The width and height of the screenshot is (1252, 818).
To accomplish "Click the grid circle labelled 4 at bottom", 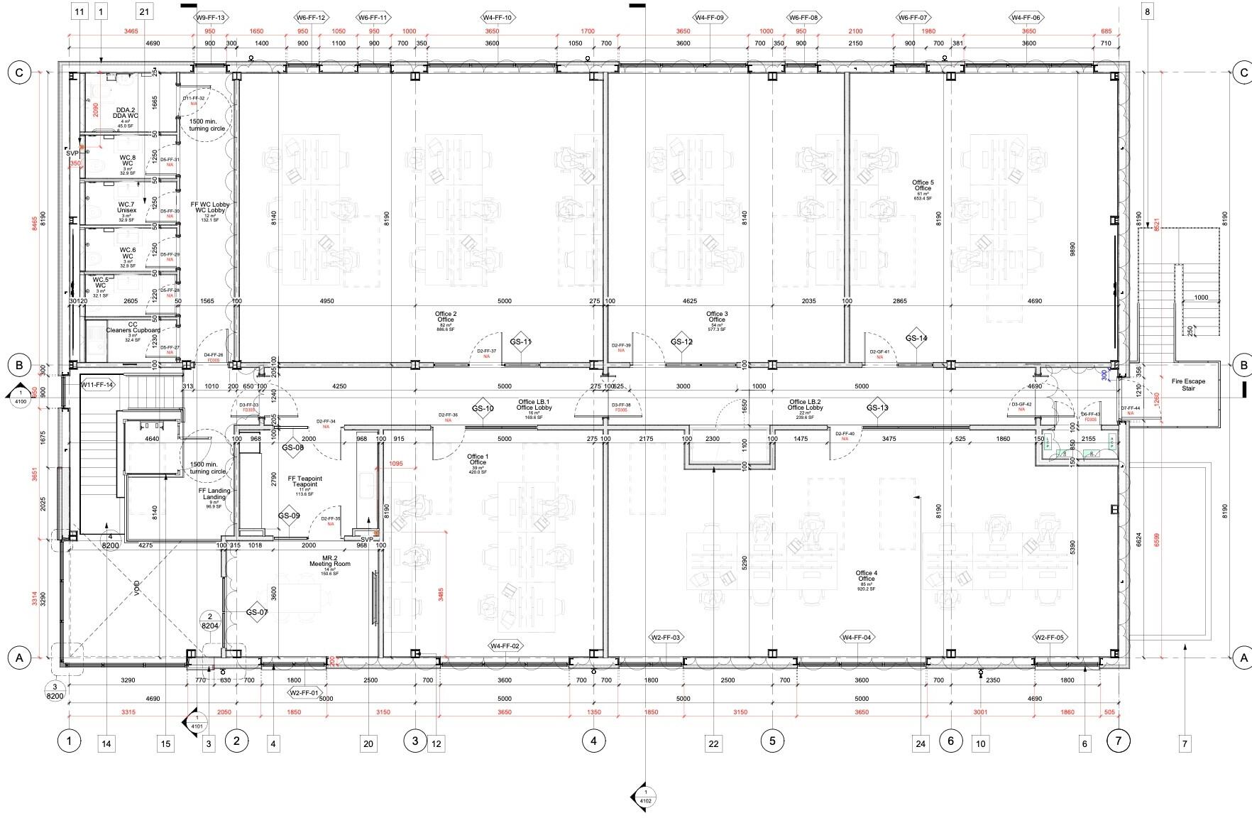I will pos(593,741).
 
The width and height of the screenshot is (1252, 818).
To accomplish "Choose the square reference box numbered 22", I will pos(713,743).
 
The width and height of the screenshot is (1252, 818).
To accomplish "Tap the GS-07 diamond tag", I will pos(257,612).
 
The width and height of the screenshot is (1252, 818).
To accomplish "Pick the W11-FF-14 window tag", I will pos(98,385).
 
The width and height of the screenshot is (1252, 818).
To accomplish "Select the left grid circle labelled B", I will pos(19,366).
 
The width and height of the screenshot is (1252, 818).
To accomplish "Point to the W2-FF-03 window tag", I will pos(666,638).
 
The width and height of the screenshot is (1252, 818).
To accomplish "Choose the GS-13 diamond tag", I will pos(877,408).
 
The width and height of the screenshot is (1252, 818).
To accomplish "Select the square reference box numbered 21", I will pos(145,11).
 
